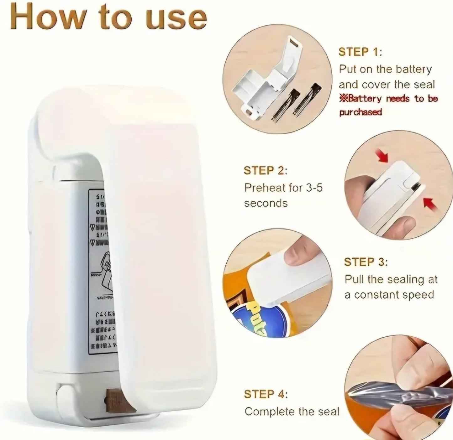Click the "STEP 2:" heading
click(x=266, y=171)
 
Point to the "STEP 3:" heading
click(x=366, y=262)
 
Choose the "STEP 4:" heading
click(x=266, y=394)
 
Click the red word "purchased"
click(x=360, y=112)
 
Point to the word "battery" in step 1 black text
click(x=413, y=69)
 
